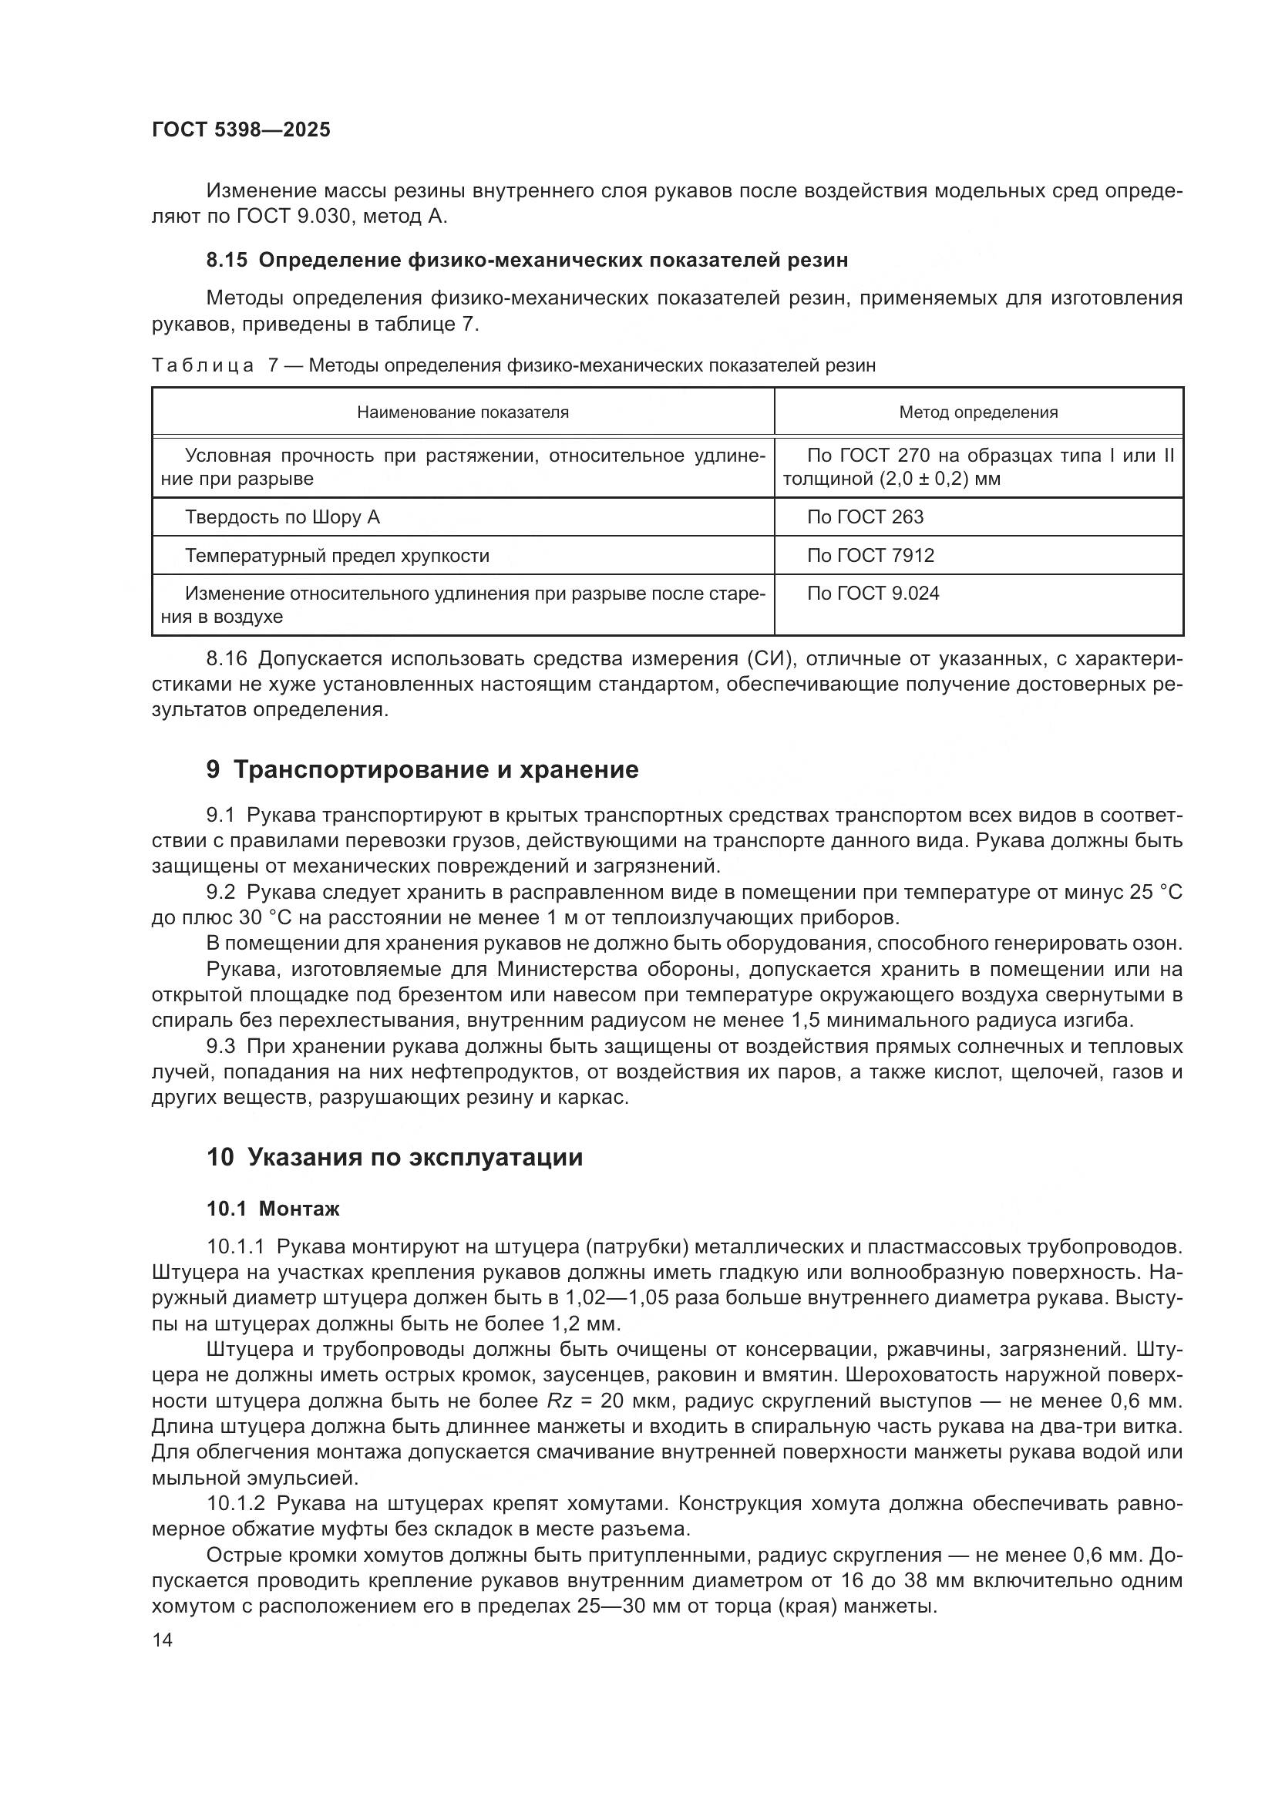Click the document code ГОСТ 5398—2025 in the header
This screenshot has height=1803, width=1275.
[x=241, y=130]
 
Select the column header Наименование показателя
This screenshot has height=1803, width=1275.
[x=463, y=412]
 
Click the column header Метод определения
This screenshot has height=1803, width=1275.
[x=978, y=412]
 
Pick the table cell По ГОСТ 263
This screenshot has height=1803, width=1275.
[x=865, y=517]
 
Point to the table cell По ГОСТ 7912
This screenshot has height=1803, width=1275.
[x=870, y=556]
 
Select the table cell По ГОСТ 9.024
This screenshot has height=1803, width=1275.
[x=873, y=594]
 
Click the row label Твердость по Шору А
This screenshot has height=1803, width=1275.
[x=282, y=517]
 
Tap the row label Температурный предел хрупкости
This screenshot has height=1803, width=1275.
[x=337, y=556]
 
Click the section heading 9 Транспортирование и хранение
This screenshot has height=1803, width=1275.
[x=422, y=769]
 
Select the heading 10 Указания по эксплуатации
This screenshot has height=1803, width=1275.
[x=394, y=1158]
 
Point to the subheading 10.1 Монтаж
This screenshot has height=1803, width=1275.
[x=272, y=1209]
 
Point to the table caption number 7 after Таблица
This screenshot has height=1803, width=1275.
[x=273, y=366]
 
